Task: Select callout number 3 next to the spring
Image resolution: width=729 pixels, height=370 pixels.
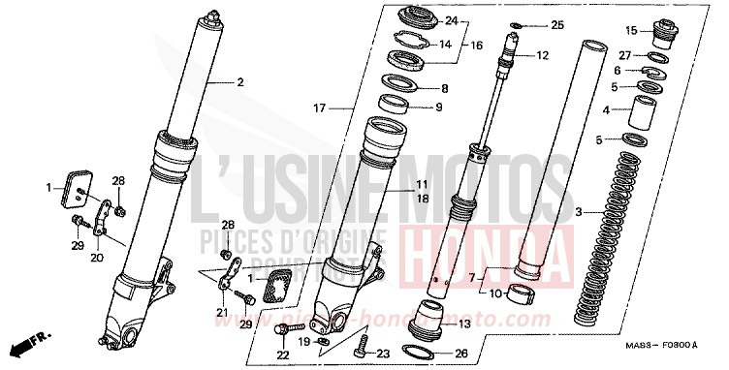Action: pos(579,211)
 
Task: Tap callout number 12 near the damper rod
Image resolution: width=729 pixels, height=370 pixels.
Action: pos(542,55)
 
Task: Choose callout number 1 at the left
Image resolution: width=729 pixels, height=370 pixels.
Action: pos(48,186)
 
